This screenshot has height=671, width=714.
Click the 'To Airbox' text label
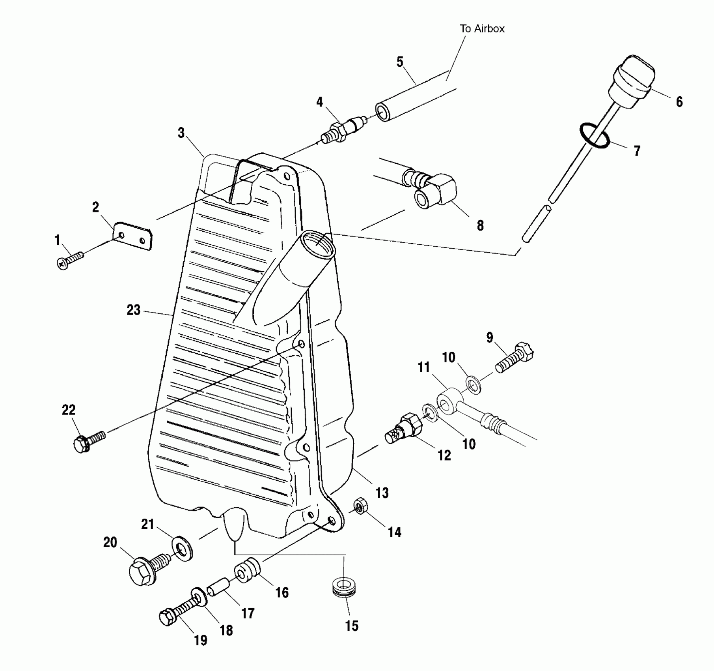482,29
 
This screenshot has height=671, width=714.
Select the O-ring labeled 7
595,136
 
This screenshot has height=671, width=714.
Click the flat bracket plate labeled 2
132,236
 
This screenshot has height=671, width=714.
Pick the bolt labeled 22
89,440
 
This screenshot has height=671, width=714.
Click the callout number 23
133,310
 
